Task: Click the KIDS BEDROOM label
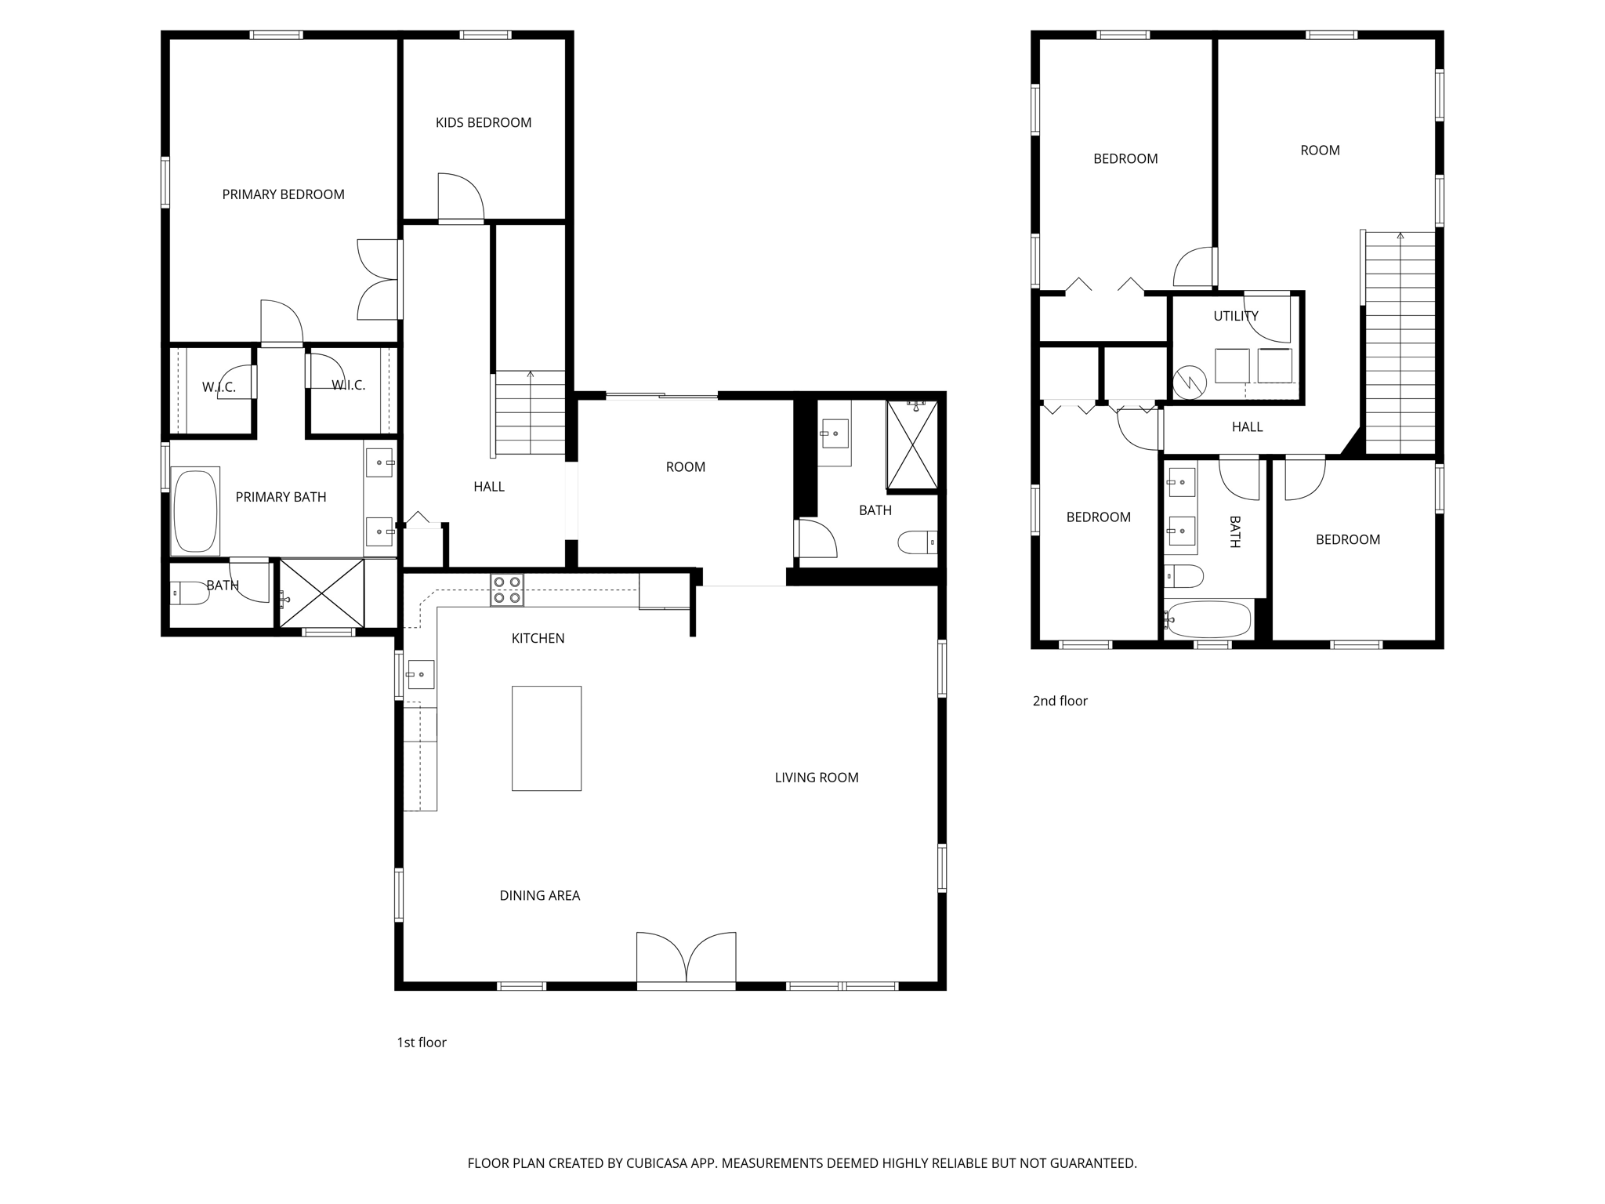click(x=483, y=122)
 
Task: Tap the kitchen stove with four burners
click(x=506, y=589)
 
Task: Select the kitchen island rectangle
click(x=546, y=738)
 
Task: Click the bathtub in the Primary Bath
click(x=194, y=511)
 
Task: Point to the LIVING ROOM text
click(x=816, y=778)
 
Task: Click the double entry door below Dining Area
click(x=686, y=958)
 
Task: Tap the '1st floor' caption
click(x=421, y=1042)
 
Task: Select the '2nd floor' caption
click(x=1060, y=701)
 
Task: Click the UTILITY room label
click(x=1235, y=316)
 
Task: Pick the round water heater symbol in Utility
click(x=1189, y=383)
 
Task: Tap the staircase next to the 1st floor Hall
click(x=530, y=412)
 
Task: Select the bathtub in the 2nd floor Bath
click(x=1208, y=619)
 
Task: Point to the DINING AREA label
click(x=539, y=895)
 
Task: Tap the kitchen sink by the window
click(x=420, y=674)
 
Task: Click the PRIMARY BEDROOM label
click(x=283, y=194)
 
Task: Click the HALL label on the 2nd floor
click(x=1247, y=427)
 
